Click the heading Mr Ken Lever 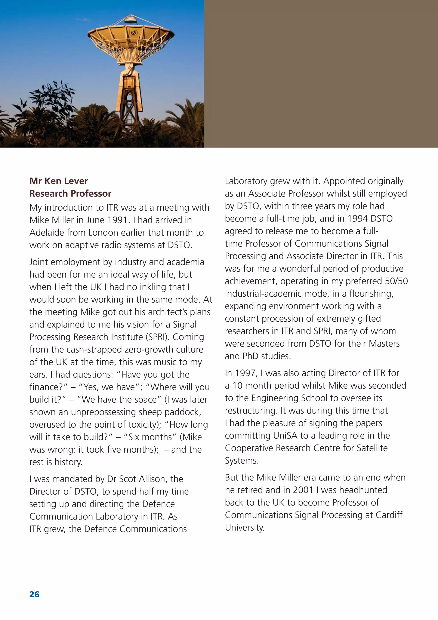tap(59, 181)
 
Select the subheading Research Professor tap(70, 194)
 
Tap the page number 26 tap(34, 594)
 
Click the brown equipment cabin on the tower tap(129, 82)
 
